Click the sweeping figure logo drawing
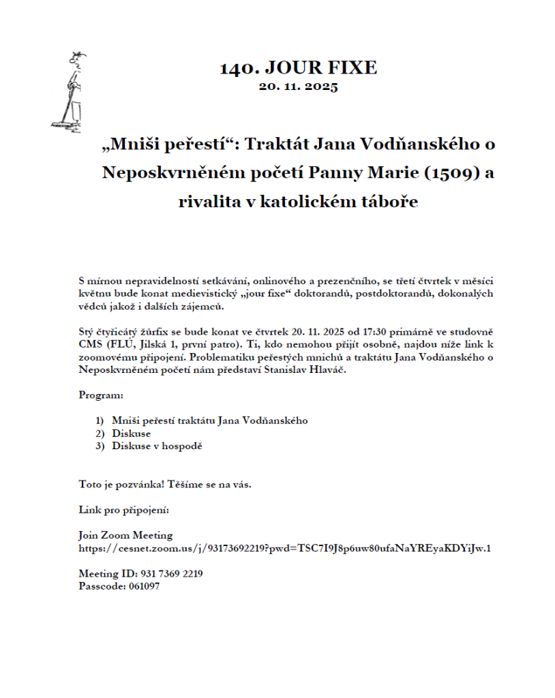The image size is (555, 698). (x=69, y=91)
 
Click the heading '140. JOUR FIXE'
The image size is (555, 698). (x=298, y=68)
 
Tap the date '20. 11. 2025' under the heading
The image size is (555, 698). (x=298, y=87)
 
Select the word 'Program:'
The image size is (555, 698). (x=102, y=395)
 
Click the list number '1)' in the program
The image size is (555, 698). (x=100, y=421)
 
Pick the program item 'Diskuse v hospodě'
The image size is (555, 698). (x=157, y=446)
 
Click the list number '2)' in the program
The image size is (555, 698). (x=100, y=434)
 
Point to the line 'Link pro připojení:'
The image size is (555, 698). (x=124, y=510)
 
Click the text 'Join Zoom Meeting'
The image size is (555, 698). (x=125, y=535)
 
